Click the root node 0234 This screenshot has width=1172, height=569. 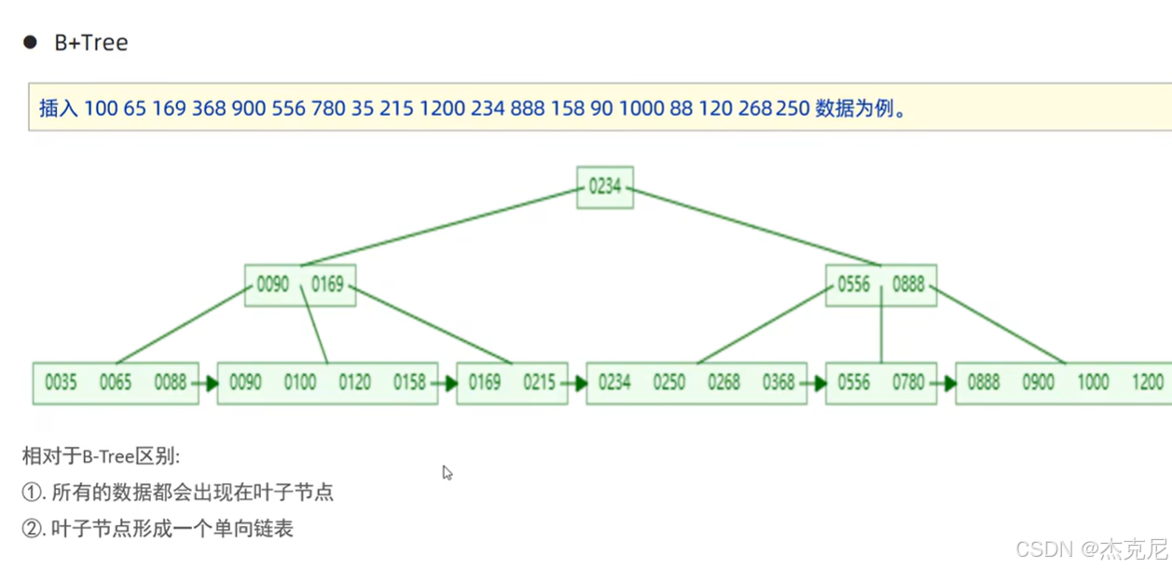(x=604, y=187)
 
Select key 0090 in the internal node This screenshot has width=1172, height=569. (x=272, y=284)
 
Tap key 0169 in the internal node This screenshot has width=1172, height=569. (x=327, y=284)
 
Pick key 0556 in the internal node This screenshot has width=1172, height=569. (x=853, y=284)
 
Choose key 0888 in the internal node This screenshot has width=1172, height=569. (x=908, y=284)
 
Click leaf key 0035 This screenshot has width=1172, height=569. (x=61, y=382)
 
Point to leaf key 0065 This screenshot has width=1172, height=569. (x=116, y=382)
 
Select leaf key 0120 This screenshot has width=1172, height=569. (x=354, y=382)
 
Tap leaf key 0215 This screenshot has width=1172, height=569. (x=539, y=382)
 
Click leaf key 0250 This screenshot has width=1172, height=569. (x=669, y=382)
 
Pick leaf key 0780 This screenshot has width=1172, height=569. (x=908, y=382)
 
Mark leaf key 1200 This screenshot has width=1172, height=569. (x=1147, y=382)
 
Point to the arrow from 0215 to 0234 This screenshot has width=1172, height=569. (x=576, y=382)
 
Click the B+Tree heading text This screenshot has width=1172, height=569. (x=90, y=43)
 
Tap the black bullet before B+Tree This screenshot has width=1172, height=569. (x=31, y=42)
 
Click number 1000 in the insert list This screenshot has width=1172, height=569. (x=641, y=108)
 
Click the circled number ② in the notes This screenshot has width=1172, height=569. (x=33, y=529)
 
